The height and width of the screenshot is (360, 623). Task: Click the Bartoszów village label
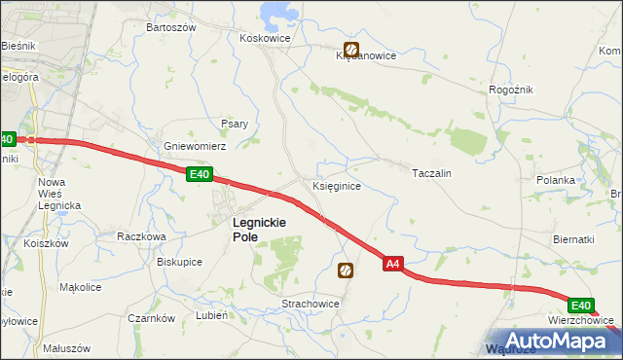pyautogui.click(x=170, y=28)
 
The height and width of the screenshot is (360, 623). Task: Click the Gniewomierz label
pyautogui.click(x=195, y=146)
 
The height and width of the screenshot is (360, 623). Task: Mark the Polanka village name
pyautogui.click(x=558, y=180)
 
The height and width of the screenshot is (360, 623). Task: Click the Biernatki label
pyautogui.click(x=572, y=239)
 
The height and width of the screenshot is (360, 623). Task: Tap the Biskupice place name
pyautogui.click(x=179, y=261)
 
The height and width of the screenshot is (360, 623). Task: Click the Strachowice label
pyautogui.click(x=311, y=304)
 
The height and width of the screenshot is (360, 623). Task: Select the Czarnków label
pyautogui.click(x=151, y=318)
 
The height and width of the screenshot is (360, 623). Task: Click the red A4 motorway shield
pyautogui.click(x=392, y=264)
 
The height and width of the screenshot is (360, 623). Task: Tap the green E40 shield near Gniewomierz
pyautogui.click(x=199, y=174)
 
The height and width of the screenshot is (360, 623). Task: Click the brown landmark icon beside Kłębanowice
pyautogui.click(x=350, y=49)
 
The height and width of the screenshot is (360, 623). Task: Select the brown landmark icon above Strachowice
pyautogui.click(x=345, y=270)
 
